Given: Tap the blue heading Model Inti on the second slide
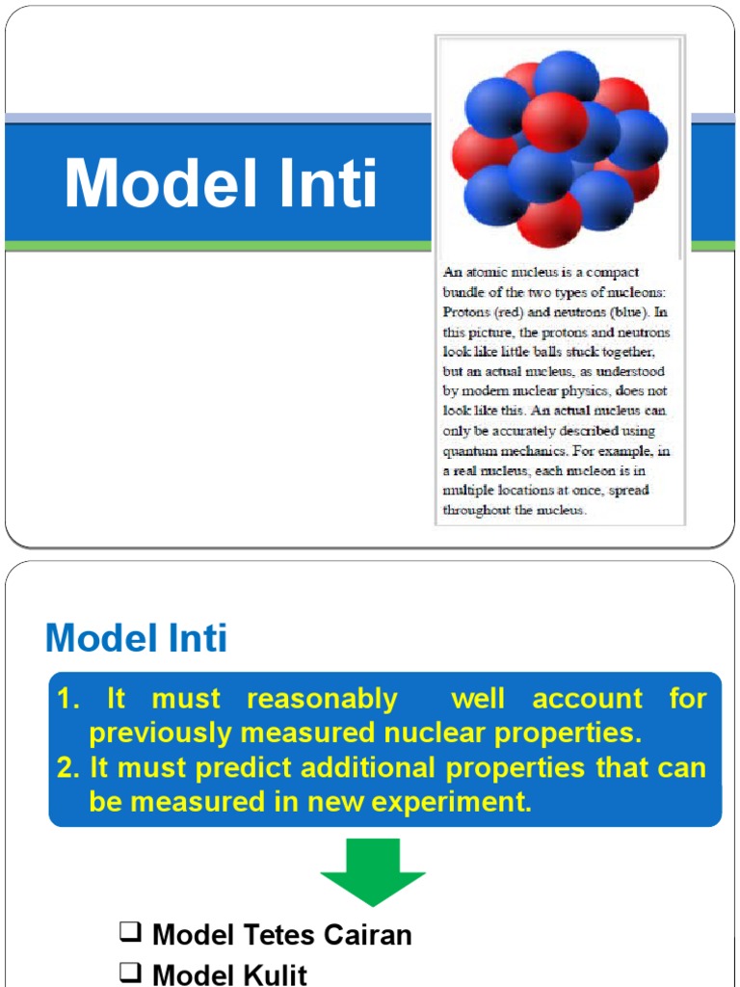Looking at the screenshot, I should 137,638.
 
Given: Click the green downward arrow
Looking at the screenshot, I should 372,871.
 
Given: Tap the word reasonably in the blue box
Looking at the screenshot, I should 322,699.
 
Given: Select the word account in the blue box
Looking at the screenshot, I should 587,699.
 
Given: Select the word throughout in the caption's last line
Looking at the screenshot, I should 477,510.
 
